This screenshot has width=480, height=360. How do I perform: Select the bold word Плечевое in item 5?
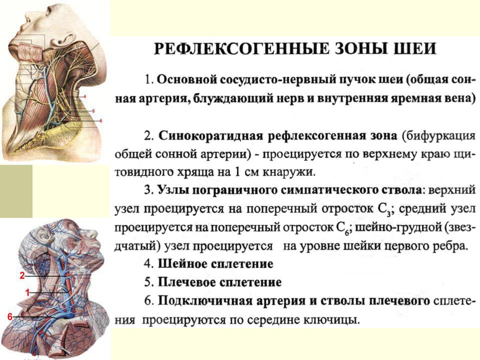187,282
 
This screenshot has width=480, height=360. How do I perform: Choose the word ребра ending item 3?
447,246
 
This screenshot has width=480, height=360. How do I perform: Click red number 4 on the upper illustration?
85,96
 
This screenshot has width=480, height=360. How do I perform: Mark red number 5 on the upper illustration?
93,111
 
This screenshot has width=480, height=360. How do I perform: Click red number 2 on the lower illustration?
22,275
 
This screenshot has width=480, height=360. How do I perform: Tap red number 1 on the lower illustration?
27,293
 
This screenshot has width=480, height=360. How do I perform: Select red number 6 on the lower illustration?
10,317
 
